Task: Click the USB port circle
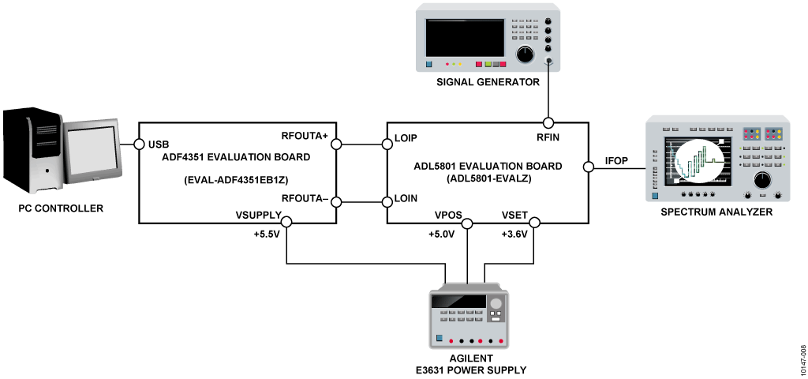(138, 144)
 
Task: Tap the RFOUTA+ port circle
(336, 144)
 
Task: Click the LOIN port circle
(387, 201)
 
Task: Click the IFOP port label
(615, 161)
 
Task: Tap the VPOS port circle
(467, 223)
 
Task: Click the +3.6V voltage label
(517, 235)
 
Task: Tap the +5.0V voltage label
(442, 235)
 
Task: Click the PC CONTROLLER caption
(62, 208)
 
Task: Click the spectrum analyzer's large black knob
(761, 180)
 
